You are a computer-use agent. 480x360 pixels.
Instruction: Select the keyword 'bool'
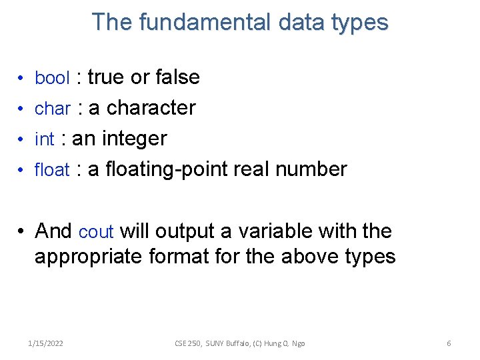pos(52,78)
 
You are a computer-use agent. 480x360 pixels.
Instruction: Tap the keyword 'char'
pos(52,109)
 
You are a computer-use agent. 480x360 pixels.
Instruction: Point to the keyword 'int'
pos(44,139)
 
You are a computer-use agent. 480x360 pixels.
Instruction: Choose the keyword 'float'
pos(52,170)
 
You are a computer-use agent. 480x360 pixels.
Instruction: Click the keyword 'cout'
pos(96,232)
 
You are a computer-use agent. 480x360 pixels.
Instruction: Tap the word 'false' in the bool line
pos(177,77)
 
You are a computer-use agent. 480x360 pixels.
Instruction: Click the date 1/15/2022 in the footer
pos(46,343)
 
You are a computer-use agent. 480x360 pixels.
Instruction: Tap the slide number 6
pos(449,343)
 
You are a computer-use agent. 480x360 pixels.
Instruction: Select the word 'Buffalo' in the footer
pos(231,343)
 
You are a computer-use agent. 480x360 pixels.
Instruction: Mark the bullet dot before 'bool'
pos(22,79)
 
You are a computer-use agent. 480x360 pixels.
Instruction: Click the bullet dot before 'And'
pos(22,232)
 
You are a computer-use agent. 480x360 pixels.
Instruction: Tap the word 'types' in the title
pos(363,22)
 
